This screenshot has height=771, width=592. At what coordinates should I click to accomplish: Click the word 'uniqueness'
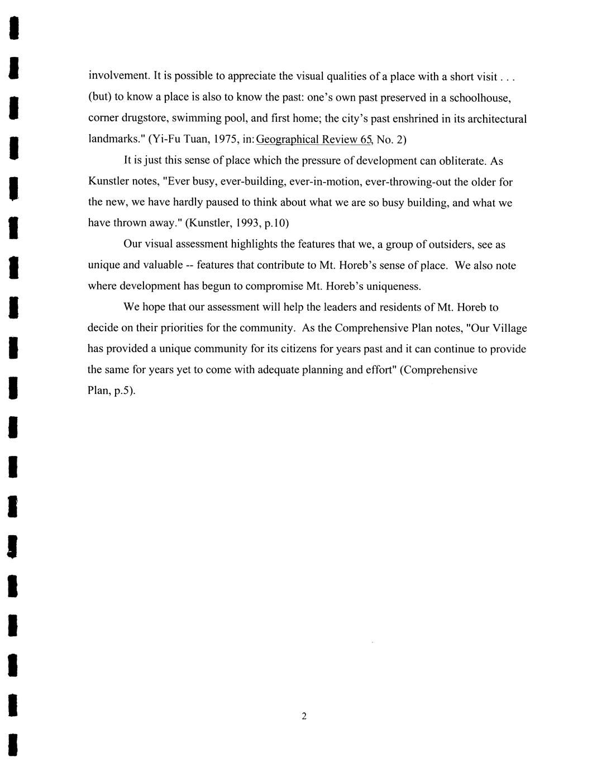[388, 286]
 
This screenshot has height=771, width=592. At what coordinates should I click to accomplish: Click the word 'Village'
[509, 328]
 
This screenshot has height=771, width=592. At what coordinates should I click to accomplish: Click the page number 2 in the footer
[304, 716]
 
